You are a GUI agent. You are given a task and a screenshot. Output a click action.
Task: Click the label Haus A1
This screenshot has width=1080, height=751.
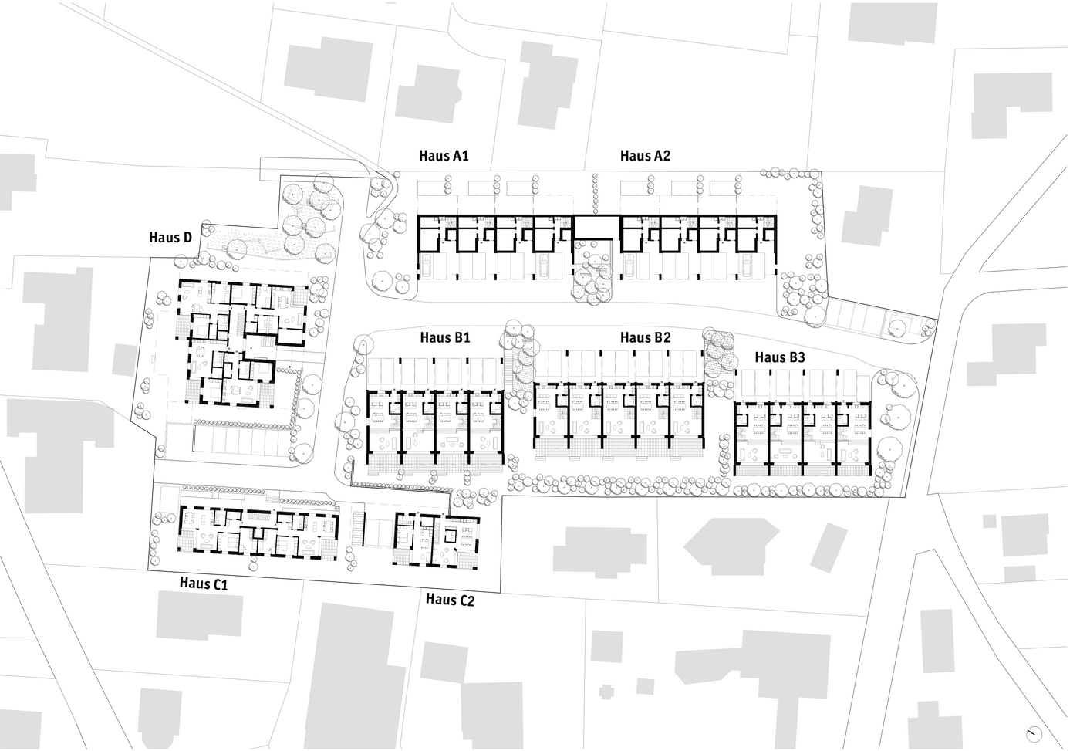click(x=444, y=156)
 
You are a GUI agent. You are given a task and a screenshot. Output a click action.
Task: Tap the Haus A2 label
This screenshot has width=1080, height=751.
click(x=645, y=156)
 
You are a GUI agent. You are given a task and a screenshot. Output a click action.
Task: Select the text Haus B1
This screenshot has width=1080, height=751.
click(x=445, y=337)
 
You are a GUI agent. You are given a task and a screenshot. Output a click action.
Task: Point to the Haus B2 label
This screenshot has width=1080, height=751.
click(x=646, y=337)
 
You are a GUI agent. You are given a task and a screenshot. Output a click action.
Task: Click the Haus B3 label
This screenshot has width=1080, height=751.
click(x=780, y=357)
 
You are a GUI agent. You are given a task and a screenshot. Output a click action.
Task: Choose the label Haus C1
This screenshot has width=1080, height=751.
click(x=204, y=584)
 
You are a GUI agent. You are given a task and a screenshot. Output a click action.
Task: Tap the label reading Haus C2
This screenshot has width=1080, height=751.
click(x=450, y=600)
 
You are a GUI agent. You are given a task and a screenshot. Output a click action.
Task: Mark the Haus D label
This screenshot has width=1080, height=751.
click(x=170, y=237)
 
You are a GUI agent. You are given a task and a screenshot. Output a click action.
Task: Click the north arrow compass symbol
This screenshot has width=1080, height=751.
click(x=1033, y=735)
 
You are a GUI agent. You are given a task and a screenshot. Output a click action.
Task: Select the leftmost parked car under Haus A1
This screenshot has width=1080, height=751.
click(x=426, y=267)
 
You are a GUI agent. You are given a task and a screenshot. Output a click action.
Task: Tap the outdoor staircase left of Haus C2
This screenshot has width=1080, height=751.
click(x=357, y=529)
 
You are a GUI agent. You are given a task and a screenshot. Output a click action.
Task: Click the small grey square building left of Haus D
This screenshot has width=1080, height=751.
click(x=124, y=360)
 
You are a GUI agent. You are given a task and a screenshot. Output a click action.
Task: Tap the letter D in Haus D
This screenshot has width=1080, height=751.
click(x=187, y=237)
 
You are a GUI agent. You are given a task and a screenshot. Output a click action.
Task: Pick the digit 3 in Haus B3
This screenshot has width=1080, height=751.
click(x=802, y=357)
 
